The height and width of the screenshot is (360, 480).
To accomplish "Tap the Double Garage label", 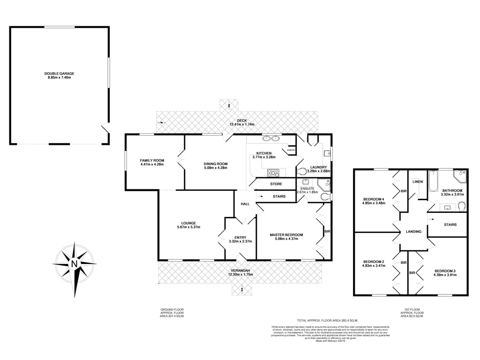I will pos(60,74).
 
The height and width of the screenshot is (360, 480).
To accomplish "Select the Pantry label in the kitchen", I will pos(291,150).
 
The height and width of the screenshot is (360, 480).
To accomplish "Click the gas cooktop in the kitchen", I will pos(274,172).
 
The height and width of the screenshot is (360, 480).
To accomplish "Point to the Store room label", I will pos(276,184).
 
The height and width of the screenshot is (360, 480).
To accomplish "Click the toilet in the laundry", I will pos(302,171).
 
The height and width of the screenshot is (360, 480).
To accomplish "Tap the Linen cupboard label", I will pos(418,182).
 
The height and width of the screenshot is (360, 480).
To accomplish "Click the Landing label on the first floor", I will pos(414,232).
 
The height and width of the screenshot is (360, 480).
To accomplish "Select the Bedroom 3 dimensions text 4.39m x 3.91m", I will pos(445,276).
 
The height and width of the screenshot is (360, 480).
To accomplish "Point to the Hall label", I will pos(245,204).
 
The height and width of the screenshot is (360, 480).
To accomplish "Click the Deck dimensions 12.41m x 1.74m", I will pos(241,125).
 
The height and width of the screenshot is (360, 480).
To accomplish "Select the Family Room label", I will pos(151,160).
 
